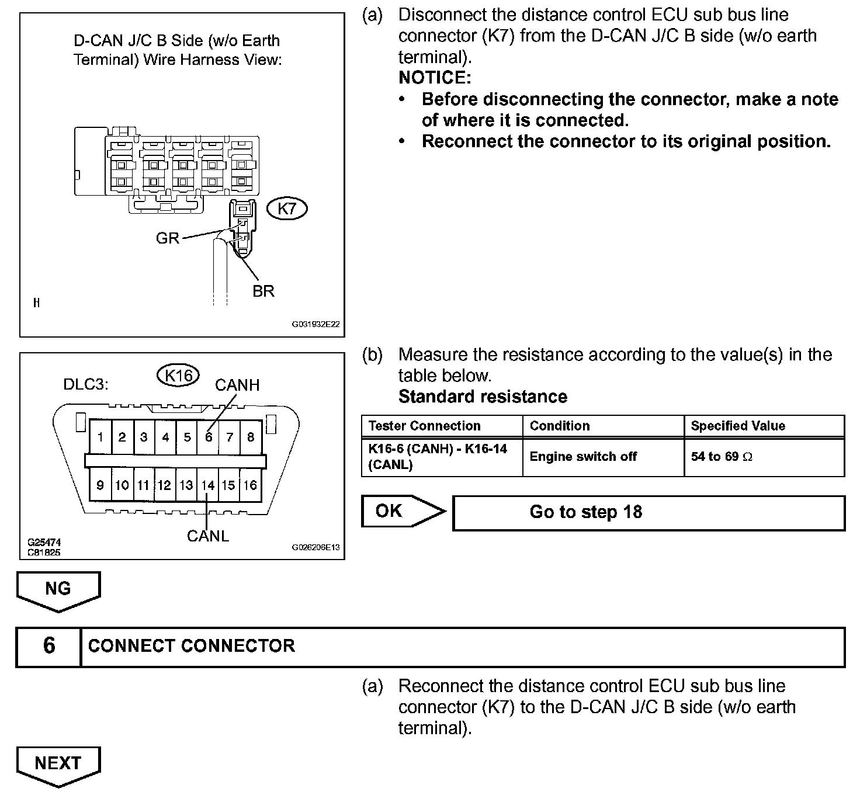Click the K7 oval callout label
[287, 209]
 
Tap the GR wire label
[168, 238]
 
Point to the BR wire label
[263, 291]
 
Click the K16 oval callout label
[178, 376]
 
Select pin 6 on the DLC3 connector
[208, 437]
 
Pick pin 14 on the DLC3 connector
[208, 485]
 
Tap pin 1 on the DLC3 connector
[101, 437]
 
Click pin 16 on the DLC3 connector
[250, 485]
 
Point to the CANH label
[237, 385]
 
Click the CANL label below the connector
[207, 536]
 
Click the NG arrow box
[58, 590]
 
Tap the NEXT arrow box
[58, 764]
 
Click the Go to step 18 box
[649, 513]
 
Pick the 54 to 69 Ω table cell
[764, 457]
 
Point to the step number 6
[49, 646]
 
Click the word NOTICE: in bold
[435, 78]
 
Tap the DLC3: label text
[86, 385]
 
